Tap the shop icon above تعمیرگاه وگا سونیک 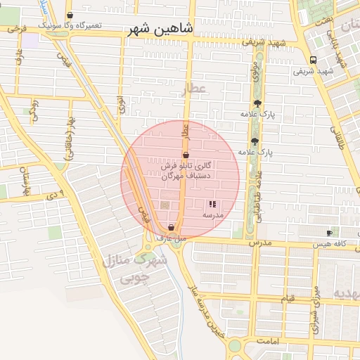[x=70, y=15]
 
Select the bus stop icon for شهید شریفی [x=312, y=60]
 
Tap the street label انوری [x=122, y=106]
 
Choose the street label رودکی [x=33, y=111]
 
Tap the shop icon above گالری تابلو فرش [x=186, y=155]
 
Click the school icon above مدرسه [x=212, y=204]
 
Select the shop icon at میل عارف [x=171, y=227]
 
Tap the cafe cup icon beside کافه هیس [x=329, y=233]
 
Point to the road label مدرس [x=259, y=242]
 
